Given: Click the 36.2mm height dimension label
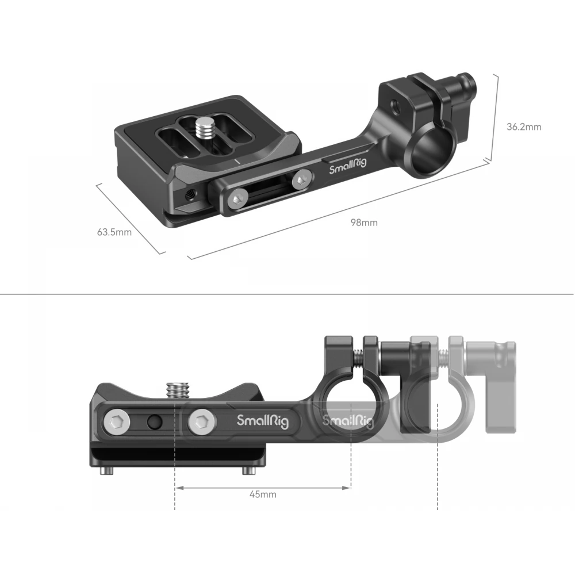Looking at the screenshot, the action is coord(524,127).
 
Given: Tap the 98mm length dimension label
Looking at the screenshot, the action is coord(364,223).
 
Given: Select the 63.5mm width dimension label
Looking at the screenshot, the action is coord(114,232).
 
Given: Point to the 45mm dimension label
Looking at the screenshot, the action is coord(263,494).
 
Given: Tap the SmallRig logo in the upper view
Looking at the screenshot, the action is coord(348,166).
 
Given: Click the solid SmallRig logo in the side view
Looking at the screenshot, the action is coord(263,421).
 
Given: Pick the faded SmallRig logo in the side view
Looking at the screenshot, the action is coord(347,421).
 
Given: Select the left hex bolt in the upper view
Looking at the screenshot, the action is coord(237,199).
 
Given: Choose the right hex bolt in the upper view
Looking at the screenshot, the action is coord(302,179).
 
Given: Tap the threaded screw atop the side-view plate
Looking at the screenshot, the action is coord(178,389).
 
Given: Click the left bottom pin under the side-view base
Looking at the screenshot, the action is coord(106,471).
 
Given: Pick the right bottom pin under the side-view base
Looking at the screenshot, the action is coord(250,471).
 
